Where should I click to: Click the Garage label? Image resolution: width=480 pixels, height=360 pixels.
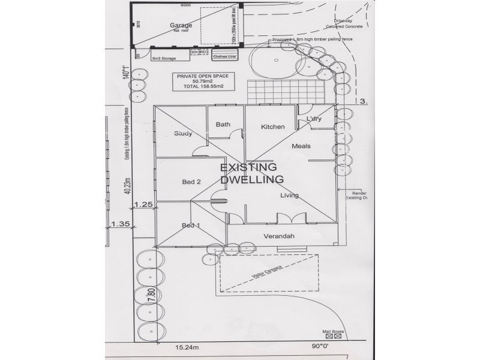click(181, 25)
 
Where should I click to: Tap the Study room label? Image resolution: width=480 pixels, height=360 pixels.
click(183, 133)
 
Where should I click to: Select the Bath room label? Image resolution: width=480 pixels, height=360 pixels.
click(223, 125)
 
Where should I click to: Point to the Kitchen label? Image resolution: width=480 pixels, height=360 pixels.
click(272, 127)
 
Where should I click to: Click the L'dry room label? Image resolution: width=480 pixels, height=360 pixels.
click(314, 119)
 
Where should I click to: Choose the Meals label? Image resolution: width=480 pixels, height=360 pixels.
click(301, 146)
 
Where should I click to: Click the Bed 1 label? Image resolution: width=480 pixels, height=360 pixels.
click(190, 226)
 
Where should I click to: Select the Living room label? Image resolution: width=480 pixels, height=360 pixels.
click(289, 196)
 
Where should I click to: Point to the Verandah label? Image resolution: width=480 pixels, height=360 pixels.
click(279, 236)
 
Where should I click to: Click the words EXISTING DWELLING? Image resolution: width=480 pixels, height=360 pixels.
click(251, 173)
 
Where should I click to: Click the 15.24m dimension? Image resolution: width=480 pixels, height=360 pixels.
click(187, 347)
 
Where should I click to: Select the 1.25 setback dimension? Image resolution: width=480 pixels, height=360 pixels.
click(144, 205)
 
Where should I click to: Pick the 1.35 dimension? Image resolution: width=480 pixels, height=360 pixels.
click(121, 224)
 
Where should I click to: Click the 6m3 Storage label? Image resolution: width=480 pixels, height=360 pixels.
click(163, 59)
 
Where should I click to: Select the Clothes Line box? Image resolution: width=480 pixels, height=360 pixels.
click(224, 56)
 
